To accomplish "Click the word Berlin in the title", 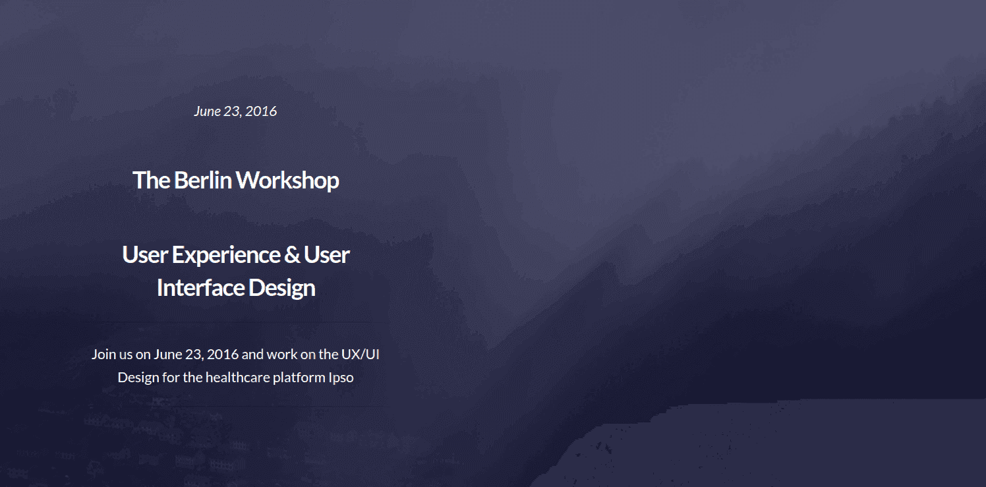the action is coord(203,180).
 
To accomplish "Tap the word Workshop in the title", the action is coord(287,181).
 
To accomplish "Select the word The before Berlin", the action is coord(152,180).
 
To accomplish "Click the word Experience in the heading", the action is coord(226,256).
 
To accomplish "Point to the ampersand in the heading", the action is coord(292,255).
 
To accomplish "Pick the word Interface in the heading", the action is coord(201,288).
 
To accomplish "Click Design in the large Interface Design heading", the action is coord(281,289).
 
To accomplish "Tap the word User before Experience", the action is coord(145,255).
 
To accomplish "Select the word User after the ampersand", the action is coord(327,255).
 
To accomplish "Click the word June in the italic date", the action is coord(208,111).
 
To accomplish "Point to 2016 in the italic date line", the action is coord(261,111).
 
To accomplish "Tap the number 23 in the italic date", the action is coord(233,111).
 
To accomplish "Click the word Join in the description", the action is coord(103,354).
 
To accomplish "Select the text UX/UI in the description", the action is coord(360,354).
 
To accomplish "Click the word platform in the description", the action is coord(299,378).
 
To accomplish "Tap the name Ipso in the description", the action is coord(341,378).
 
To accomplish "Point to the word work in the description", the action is coord(281,354).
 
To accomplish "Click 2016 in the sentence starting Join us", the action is coord(223,354).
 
